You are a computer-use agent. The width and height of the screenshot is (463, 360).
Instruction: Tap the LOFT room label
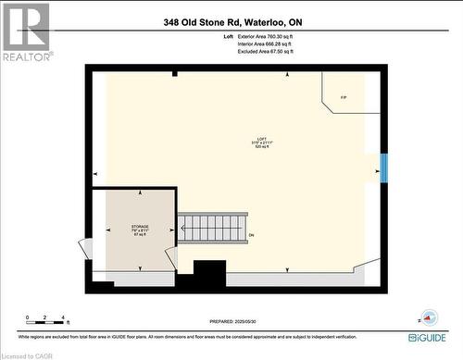pyautogui.click(x=247, y=138)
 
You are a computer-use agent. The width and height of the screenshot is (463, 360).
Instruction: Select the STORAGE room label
pyautogui.click(x=140, y=226)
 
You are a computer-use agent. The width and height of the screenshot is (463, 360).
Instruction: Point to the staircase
pyautogui.click(x=213, y=227)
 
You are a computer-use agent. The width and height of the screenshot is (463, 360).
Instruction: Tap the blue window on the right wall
pyautogui.click(x=383, y=168)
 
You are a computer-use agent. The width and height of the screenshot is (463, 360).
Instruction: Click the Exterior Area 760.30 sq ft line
pyautogui.click(x=266, y=36)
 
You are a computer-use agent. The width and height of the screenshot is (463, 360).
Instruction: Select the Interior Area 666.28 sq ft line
pyautogui.click(x=266, y=43)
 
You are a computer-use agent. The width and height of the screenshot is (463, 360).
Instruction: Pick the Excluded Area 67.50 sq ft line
pyautogui.click(x=266, y=51)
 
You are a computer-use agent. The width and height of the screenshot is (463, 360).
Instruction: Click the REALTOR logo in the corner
pyautogui.click(x=25, y=31)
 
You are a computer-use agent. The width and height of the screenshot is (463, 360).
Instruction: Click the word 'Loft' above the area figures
pyautogui.click(x=229, y=36)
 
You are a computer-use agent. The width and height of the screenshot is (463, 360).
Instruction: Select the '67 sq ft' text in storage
pyautogui.click(x=140, y=235)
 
